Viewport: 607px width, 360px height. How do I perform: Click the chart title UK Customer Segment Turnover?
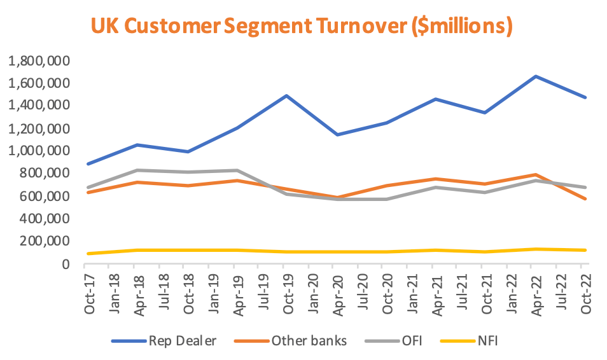(301, 26)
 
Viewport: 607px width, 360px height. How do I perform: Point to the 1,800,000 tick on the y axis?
(39, 61)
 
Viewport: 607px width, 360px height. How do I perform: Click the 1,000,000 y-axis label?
(39, 151)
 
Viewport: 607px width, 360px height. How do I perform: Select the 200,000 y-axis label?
(45, 241)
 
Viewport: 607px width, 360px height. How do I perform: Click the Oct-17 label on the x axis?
(91, 292)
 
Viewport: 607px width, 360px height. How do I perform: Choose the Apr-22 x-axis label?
(536, 292)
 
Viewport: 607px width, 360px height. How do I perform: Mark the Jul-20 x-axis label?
(363, 292)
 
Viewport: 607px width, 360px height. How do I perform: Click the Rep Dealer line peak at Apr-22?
(536, 76)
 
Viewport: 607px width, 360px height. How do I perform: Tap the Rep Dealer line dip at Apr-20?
(338, 135)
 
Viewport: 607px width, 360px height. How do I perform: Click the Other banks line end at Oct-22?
(585, 199)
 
